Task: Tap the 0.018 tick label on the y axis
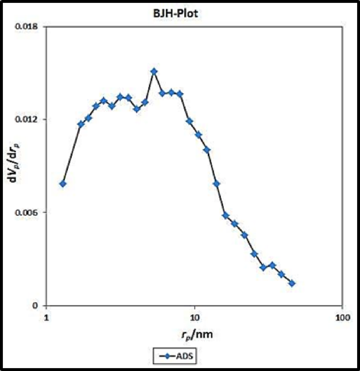coord(30,26)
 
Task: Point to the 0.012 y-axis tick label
coord(30,119)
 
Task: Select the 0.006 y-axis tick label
coord(30,212)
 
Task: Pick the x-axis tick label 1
coord(47,317)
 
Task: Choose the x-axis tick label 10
coord(195,317)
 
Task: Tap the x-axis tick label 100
coord(342,317)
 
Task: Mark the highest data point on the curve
coord(154,72)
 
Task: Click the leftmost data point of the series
coord(63,184)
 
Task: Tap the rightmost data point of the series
coord(292,283)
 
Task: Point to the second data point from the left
coord(81,124)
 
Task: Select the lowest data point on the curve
coord(292,283)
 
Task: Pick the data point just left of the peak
coord(145,102)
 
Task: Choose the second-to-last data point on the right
coord(281,274)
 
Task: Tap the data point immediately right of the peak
coord(162,93)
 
